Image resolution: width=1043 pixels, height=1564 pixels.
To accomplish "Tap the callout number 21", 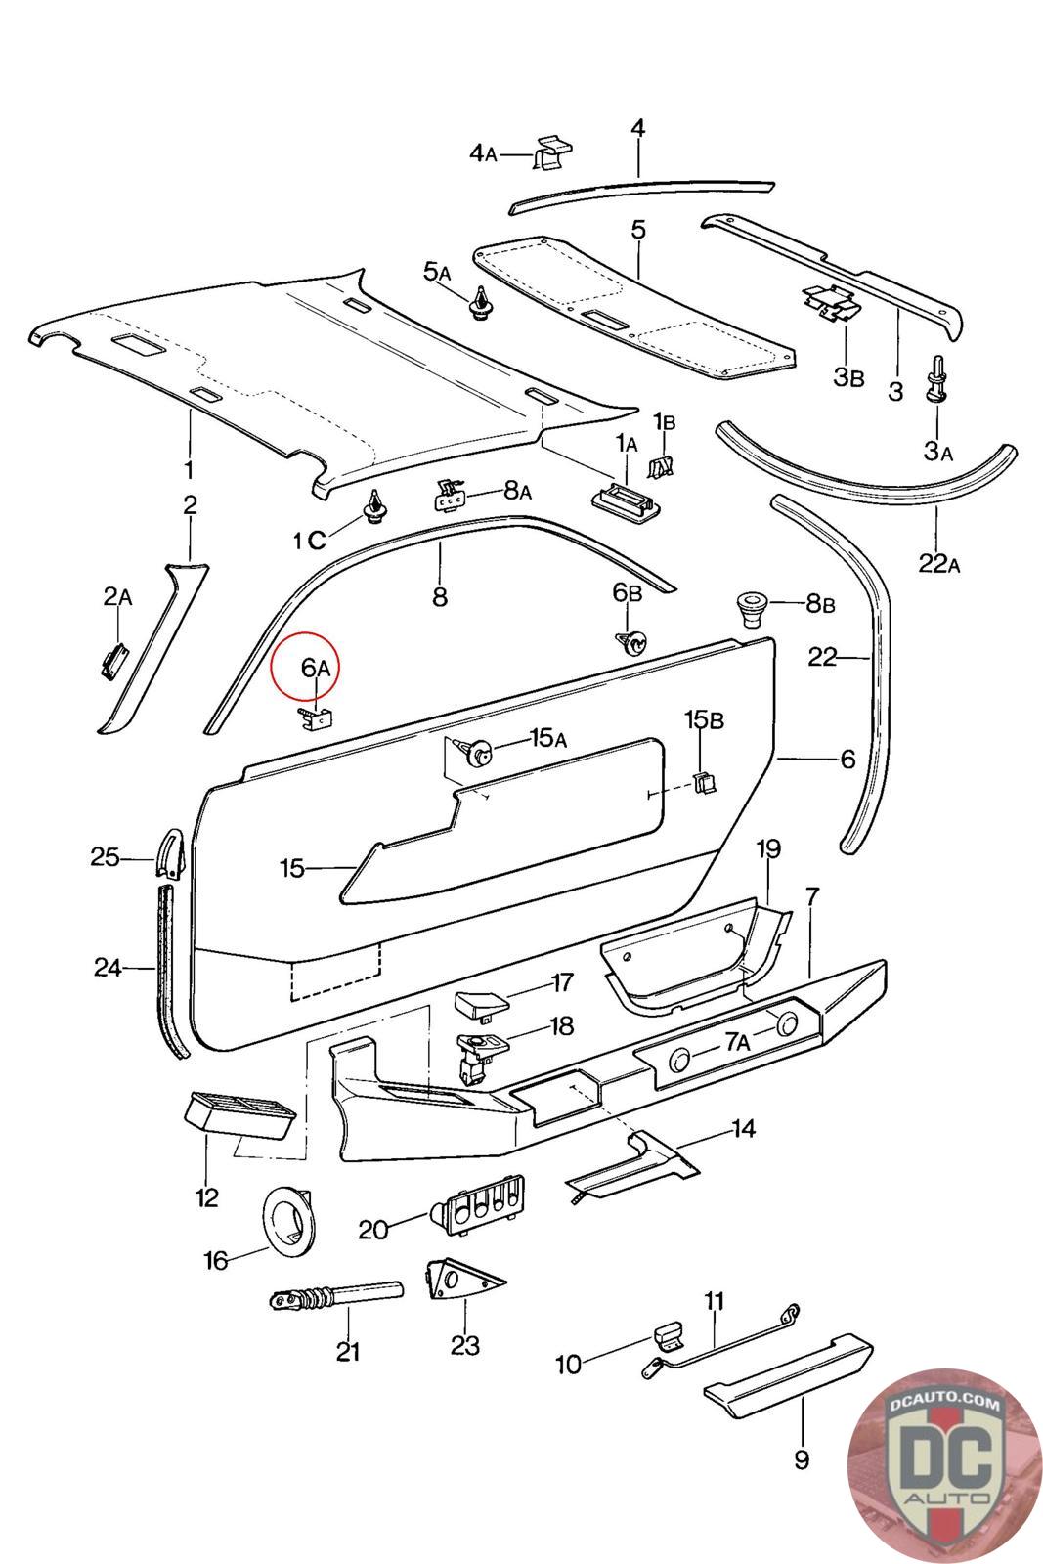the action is click(348, 1352).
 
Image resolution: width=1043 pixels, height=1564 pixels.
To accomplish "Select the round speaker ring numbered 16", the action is click(289, 1218).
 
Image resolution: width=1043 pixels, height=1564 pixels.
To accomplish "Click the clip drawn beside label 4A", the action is click(552, 152).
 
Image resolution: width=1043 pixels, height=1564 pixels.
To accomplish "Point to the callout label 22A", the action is click(938, 563).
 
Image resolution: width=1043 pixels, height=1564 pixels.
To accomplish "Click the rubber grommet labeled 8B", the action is click(754, 609).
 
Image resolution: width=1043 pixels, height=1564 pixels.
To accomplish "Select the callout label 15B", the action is click(704, 719).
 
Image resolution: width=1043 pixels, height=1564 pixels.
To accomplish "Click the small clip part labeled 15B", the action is click(705, 782).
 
